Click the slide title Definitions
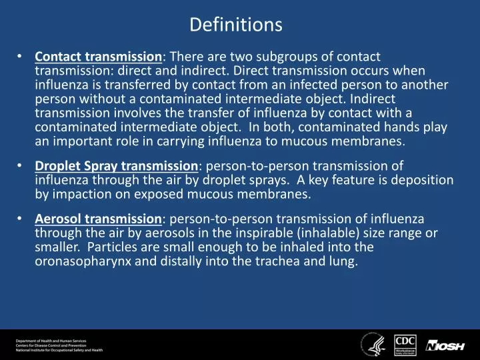point(236,25)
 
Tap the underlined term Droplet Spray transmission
point(117,167)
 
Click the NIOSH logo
point(444,345)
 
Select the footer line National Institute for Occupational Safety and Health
point(59,350)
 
